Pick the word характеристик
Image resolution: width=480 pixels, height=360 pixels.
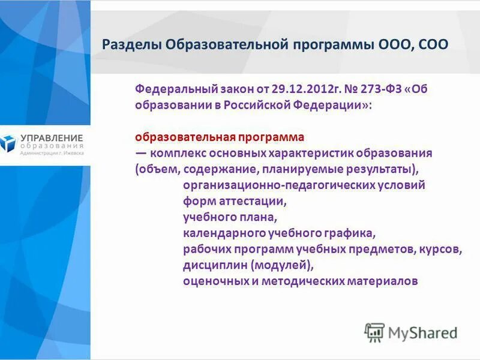coord(316,153)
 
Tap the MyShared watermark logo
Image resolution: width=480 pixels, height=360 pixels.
coord(411,332)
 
